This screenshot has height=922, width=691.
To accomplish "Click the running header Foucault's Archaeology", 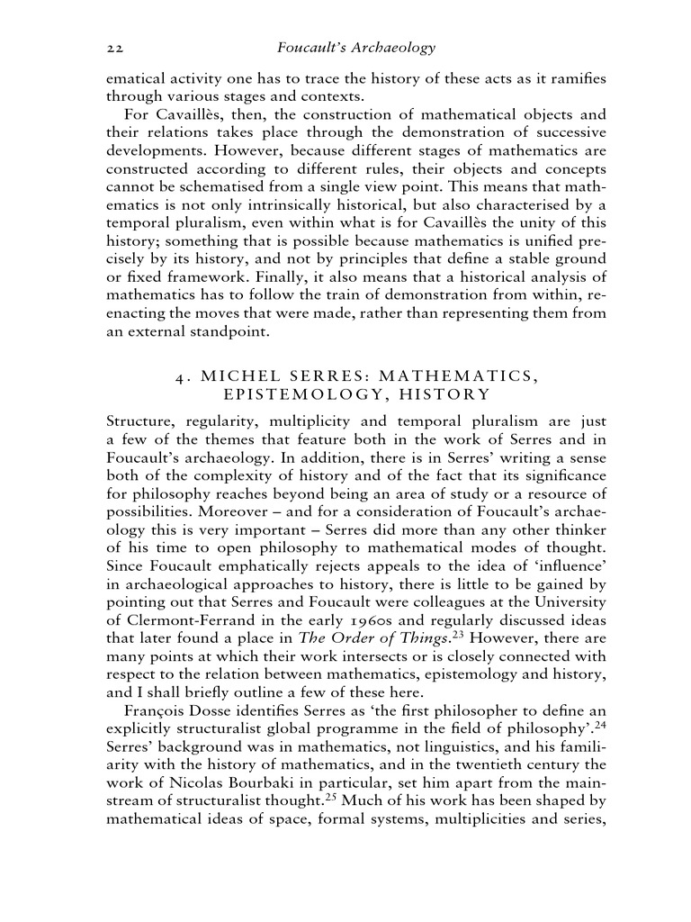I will coord(358,47).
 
